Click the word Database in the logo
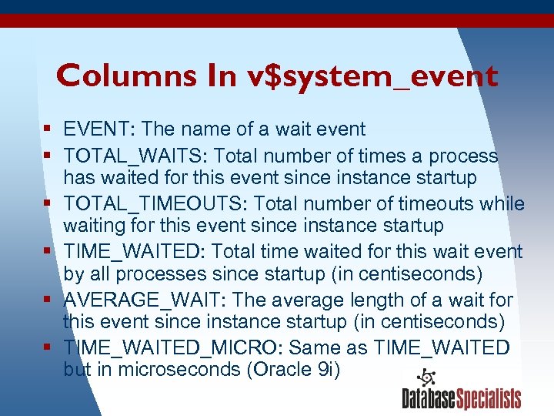point(429,398)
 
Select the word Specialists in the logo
point(489,398)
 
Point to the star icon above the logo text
point(426,378)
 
